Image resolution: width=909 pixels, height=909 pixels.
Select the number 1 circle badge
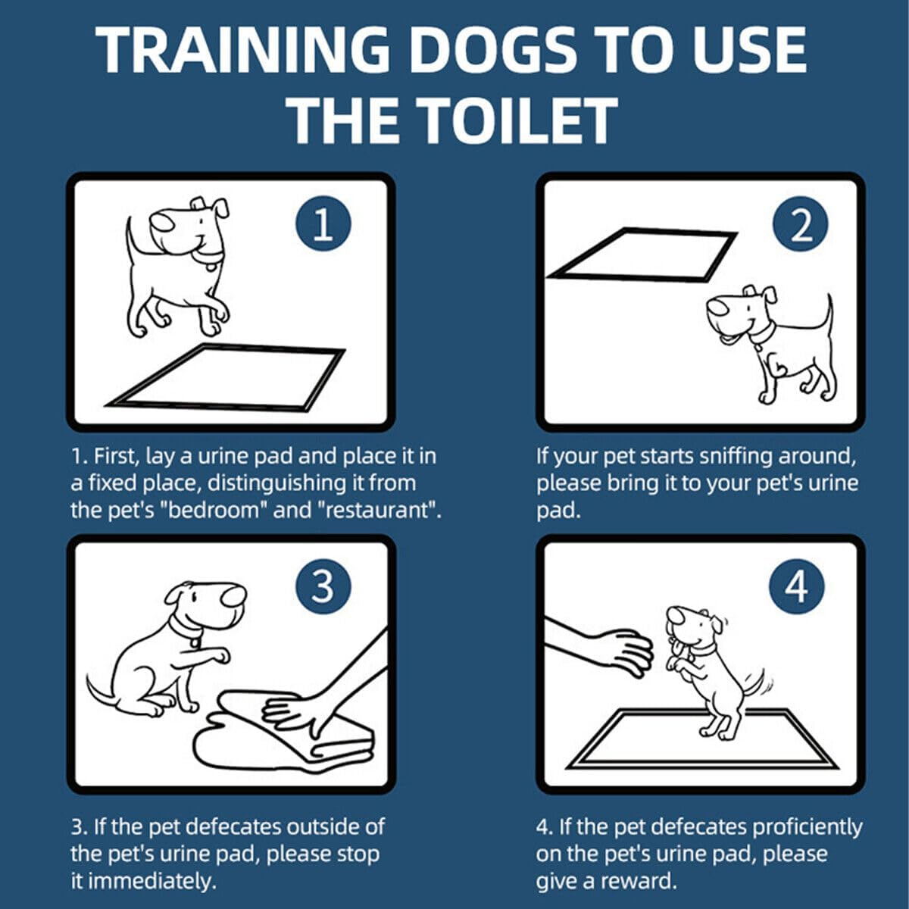[x=323, y=224]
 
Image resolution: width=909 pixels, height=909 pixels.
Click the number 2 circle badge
[x=800, y=224]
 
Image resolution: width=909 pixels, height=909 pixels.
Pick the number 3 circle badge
[x=323, y=586]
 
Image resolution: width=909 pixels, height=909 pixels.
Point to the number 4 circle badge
[x=796, y=586]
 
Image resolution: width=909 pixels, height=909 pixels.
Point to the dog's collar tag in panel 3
[x=196, y=642]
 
